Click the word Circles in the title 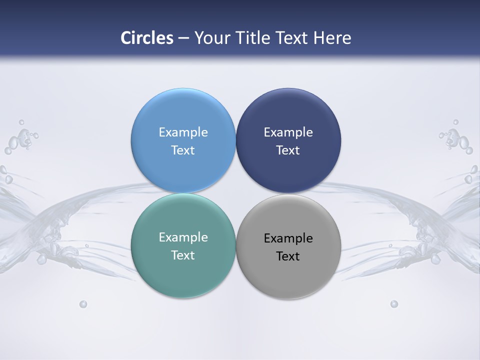pyautogui.click(x=147, y=38)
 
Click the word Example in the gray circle pyautogui.click(x=288, y=238)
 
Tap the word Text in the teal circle pyautogui.click(x=183, y=255)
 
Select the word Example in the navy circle pyautogui.click(x=288, y=132)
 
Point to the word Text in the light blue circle pyautogui.click(x=183, y=150)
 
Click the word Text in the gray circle pyautogui.click(x=288, y=256)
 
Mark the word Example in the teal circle pyautogui.click(x=183, y=237)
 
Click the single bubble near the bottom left pyautogui.click(x=83, y=304)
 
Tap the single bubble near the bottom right pyautogui.click(x=394, y=304)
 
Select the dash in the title pyautogui.click(x=183, y=38)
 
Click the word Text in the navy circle pyautogui.click(x=288, y=150)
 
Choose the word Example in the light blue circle pyautogui.click(x=183, y=132)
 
